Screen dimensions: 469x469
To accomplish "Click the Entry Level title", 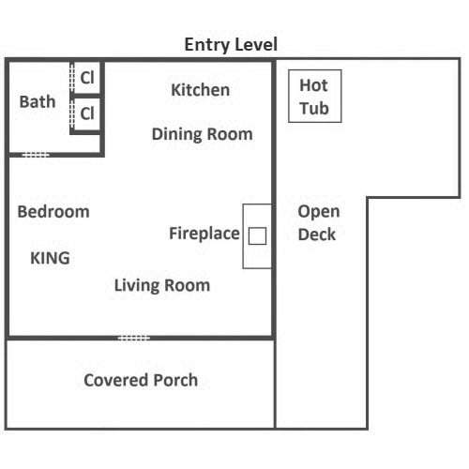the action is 231,45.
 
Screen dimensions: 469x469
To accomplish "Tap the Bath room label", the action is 38,101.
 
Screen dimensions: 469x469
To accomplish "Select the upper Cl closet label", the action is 87,77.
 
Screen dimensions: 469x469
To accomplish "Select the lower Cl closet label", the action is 87,113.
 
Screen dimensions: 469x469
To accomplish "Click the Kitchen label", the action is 201,90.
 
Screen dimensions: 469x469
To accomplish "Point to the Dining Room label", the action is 203,134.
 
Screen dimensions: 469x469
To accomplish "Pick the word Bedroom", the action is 53,212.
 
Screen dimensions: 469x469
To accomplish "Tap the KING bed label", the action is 50,258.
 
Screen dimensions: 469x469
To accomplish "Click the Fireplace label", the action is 204,234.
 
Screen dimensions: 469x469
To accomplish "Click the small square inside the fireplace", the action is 257,235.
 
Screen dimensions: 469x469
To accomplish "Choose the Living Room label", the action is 162,285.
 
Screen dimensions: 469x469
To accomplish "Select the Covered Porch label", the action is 141,380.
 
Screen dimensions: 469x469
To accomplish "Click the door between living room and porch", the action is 134,338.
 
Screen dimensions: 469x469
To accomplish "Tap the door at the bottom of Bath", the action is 36,155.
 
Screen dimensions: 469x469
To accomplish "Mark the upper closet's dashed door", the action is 72,77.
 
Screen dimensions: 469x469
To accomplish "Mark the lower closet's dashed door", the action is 72,113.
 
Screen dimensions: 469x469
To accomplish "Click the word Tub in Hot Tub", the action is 314,109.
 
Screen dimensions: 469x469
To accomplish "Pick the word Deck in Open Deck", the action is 317,234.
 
